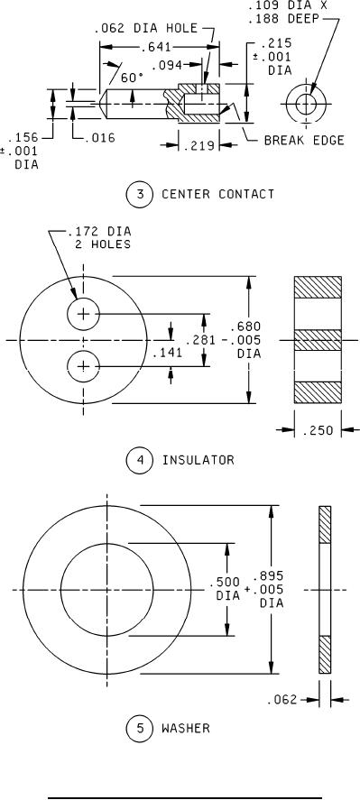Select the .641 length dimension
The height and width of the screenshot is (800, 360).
(156, 48)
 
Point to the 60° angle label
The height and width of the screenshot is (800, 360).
(133, 78)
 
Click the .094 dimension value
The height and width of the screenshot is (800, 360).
(167, 65)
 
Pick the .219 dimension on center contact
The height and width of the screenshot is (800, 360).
(198, 145)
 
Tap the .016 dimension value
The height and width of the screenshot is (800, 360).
(98, 138)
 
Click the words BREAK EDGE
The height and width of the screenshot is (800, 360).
(304, 141)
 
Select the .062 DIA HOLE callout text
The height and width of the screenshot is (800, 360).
(145, 28)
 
